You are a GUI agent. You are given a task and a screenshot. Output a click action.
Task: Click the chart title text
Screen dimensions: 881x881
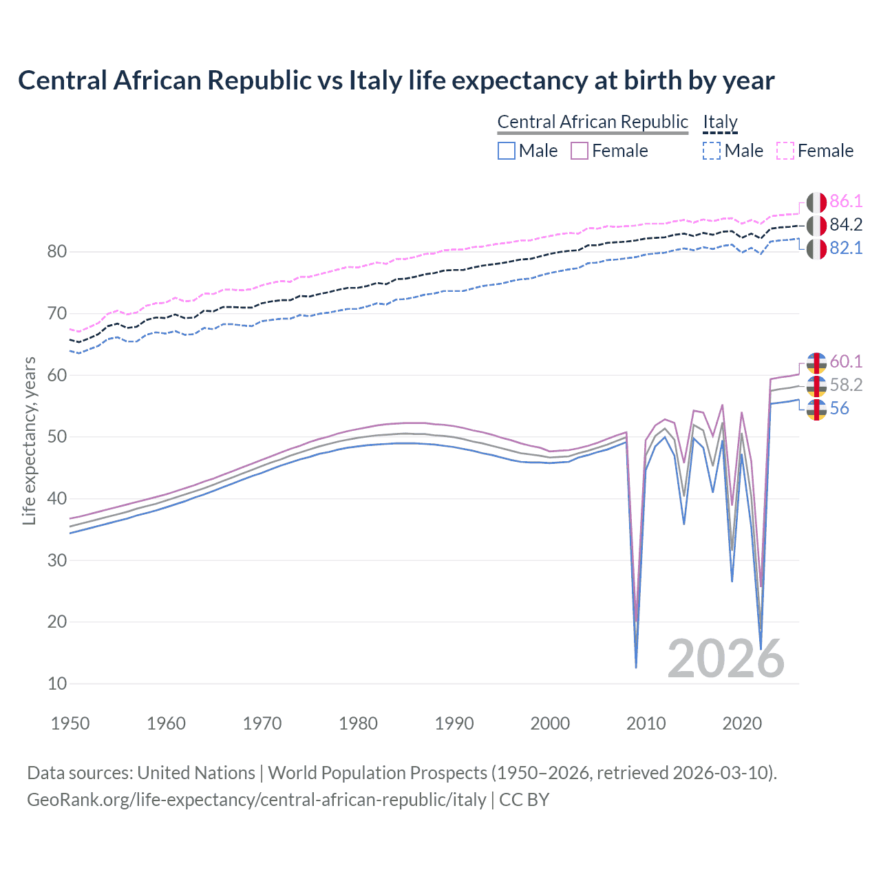coord(396,81)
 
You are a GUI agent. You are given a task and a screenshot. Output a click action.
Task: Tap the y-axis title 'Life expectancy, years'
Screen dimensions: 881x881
coord(30,440)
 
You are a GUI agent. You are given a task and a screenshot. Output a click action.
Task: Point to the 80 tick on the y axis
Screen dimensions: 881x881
coord(57,252)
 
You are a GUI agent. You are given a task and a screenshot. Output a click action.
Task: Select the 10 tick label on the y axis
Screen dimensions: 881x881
coord(57,683)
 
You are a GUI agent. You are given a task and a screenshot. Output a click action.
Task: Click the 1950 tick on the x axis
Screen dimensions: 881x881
coord(70,723)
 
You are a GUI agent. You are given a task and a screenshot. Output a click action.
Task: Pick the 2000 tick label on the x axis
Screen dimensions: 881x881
coord(550,723)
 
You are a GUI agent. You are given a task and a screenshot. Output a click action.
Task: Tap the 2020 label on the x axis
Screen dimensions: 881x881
coord(742,723)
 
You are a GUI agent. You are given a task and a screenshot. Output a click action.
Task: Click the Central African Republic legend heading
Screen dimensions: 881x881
coord(593,122)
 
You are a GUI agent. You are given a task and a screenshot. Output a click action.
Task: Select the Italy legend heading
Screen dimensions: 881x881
coord(720,122)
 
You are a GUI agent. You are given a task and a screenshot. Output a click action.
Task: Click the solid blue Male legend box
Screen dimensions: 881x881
coord(507,151)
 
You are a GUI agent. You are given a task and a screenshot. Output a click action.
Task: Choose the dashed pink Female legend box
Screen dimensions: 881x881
coord(785,151)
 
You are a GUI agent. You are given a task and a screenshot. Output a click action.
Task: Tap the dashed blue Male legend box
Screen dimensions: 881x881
coord(712,151)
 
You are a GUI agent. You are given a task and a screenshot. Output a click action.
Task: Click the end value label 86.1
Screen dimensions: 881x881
coord(846,201)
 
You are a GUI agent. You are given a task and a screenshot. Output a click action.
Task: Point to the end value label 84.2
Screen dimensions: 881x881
coord(846,224)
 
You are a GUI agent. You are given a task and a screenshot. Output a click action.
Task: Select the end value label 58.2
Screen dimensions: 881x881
coord(846,385)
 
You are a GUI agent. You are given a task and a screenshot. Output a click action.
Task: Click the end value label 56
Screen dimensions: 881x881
coord(839,408)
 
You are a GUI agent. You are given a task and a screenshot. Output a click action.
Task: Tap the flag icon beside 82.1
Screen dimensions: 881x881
coord(816,248)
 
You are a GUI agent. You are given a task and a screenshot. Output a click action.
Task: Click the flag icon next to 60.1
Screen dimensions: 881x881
coord(816,362)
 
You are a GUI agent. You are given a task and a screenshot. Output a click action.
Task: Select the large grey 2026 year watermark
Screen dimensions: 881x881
coord(726,659)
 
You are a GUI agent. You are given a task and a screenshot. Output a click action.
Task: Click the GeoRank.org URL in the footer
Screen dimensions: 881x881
coord(257,800)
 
